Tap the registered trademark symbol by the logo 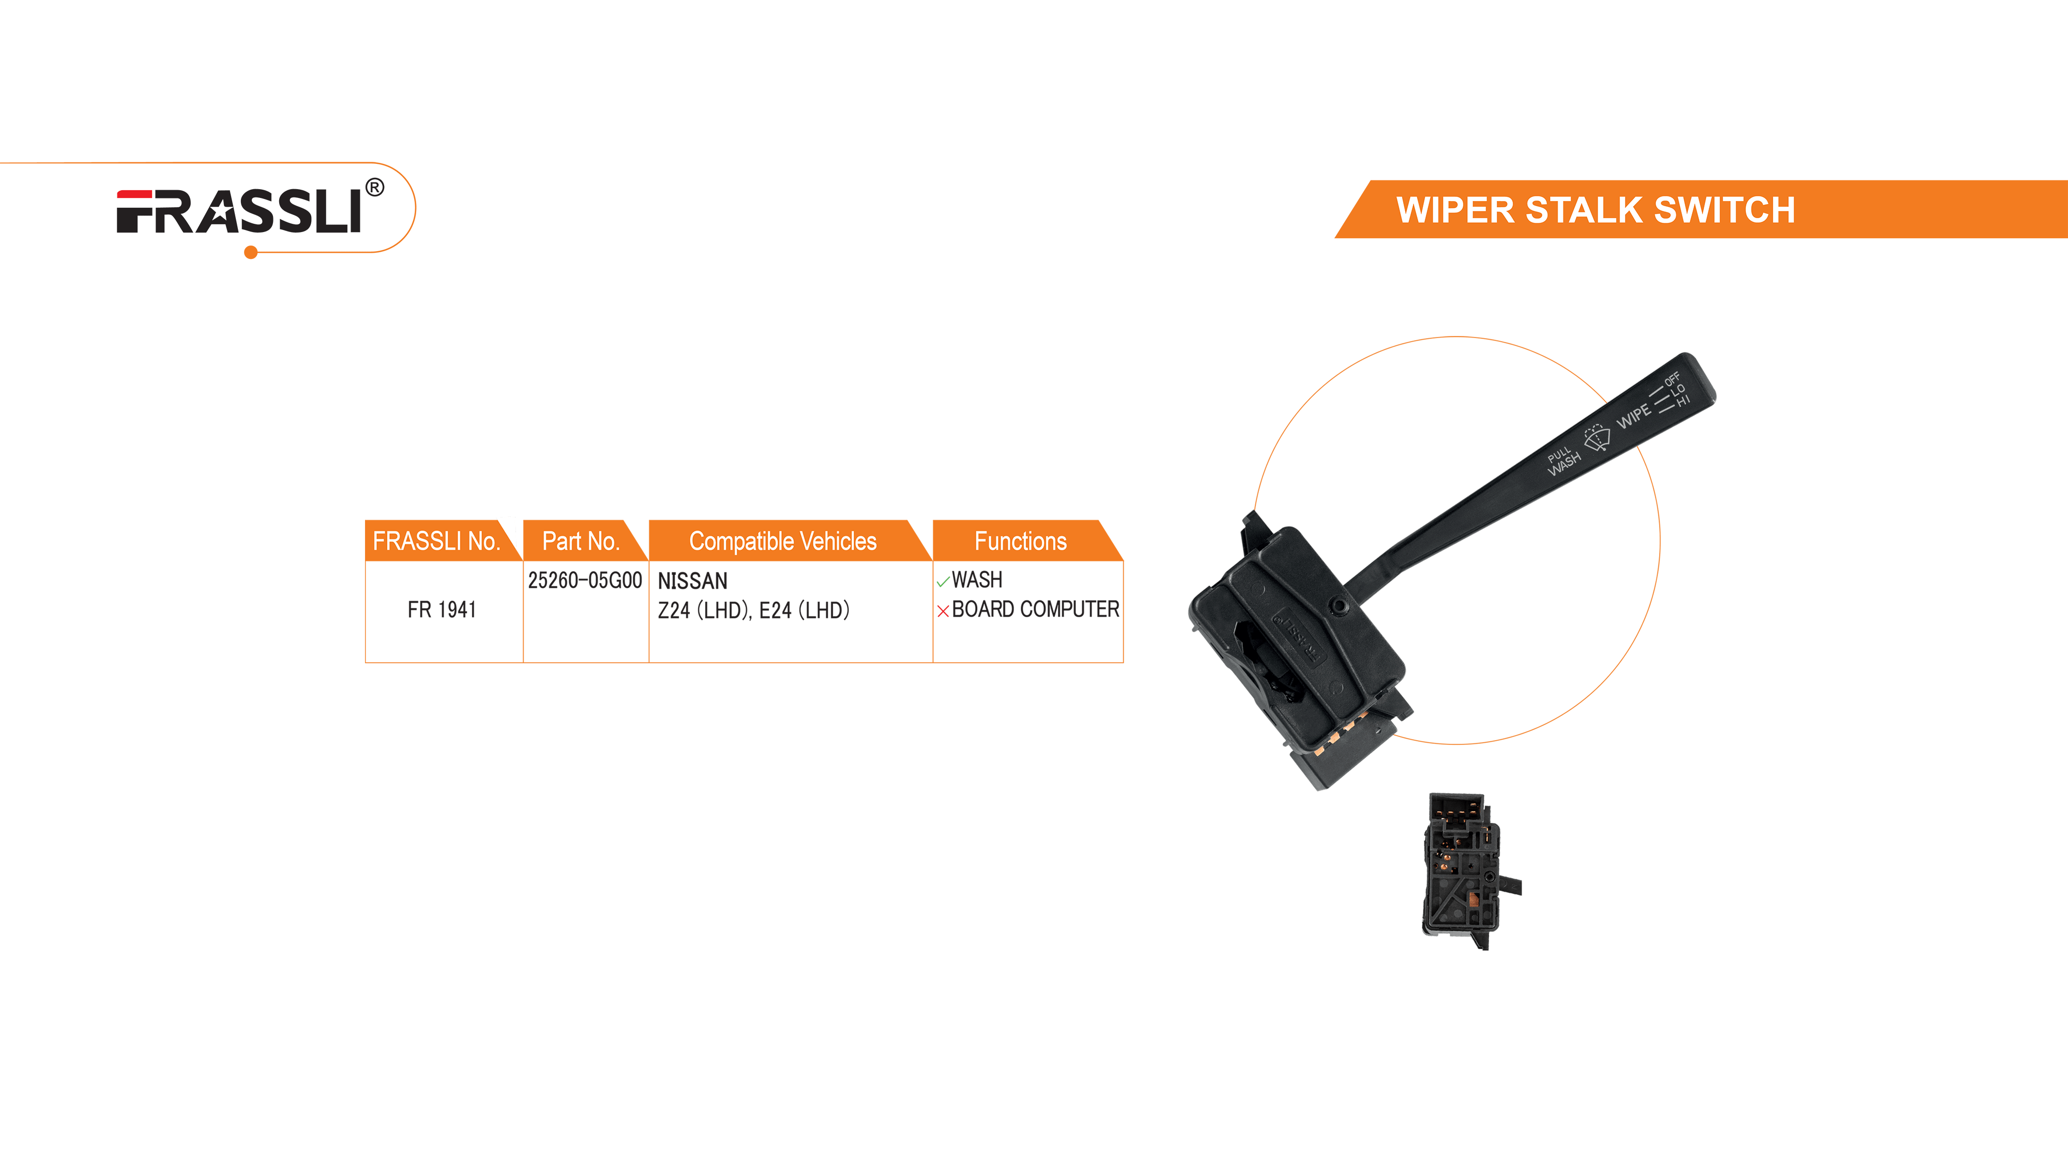[374, 188]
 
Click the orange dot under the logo [250, 253]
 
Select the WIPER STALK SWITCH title [1595, 210]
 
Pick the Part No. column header [581, 541]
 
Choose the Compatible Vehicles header [783, 541]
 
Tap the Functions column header [1021, 541]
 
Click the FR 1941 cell [442, 610]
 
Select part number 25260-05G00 [585, 580]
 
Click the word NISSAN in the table [692, 580]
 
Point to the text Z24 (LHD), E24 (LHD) [753, 611]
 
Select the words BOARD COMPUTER [1035, 610]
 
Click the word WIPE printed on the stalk [1634, 416]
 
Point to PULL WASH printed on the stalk [1562, 460]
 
